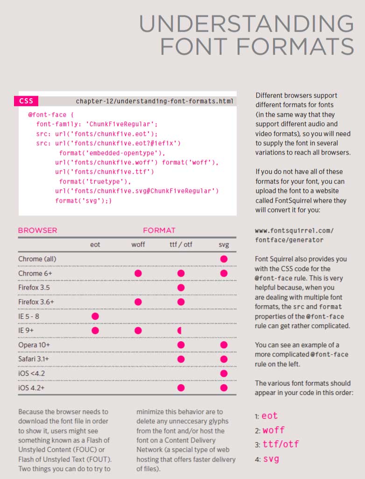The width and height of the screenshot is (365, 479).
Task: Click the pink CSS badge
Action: (26, 101)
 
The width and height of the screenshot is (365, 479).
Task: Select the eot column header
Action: (95, 244)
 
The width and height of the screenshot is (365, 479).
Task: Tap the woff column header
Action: (138, 244)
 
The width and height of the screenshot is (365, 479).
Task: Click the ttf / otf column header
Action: (181, 244)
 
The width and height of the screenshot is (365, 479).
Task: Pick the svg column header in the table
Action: (224, 244)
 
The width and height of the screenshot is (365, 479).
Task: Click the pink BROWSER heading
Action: (37, 230)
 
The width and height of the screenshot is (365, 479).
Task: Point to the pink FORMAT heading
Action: (159, 230)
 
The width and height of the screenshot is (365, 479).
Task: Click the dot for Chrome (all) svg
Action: (224, 259)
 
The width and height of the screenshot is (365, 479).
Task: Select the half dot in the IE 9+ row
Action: (180, 330)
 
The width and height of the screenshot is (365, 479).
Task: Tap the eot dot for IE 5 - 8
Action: (95, 316)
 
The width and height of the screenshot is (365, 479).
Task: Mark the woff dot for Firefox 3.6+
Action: (138, 302)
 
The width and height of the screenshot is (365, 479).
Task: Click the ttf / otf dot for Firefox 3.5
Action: (181, 287)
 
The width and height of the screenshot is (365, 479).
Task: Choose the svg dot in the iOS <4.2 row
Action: (224, 373)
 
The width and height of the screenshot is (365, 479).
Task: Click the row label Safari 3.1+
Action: (34, 359)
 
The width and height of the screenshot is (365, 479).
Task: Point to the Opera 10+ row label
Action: (34, 345)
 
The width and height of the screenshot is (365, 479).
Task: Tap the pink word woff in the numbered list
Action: (273, 430)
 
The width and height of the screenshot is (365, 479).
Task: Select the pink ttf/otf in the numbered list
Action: (281, 444)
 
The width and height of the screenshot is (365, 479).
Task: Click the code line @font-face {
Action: (51, 114)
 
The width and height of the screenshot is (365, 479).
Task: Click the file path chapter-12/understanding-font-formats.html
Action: (154, 101)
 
